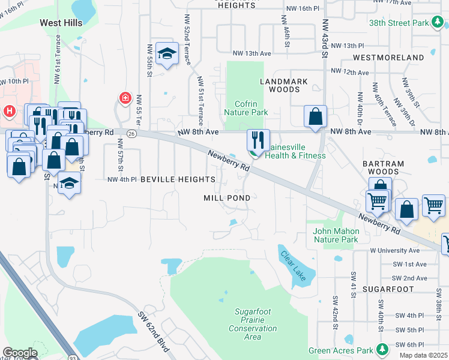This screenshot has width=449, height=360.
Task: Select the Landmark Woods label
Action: (x=284, y=85)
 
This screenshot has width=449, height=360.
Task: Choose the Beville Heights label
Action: (x=178, y=179)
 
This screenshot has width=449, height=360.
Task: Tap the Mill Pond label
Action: (x=227, y=197)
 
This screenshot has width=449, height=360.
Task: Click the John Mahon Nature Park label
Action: (x=336, y=235)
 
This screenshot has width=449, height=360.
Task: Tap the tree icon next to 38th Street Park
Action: (x=438, y=23)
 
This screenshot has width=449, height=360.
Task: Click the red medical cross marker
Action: (x=125, y=98)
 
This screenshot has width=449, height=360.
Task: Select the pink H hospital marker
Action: (x=10, y=111)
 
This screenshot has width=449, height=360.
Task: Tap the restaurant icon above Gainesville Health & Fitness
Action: (x=258, y=140)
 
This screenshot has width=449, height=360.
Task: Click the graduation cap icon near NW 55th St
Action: (x=166, y=54)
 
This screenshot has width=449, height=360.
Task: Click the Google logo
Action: (x=20, y=353)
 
